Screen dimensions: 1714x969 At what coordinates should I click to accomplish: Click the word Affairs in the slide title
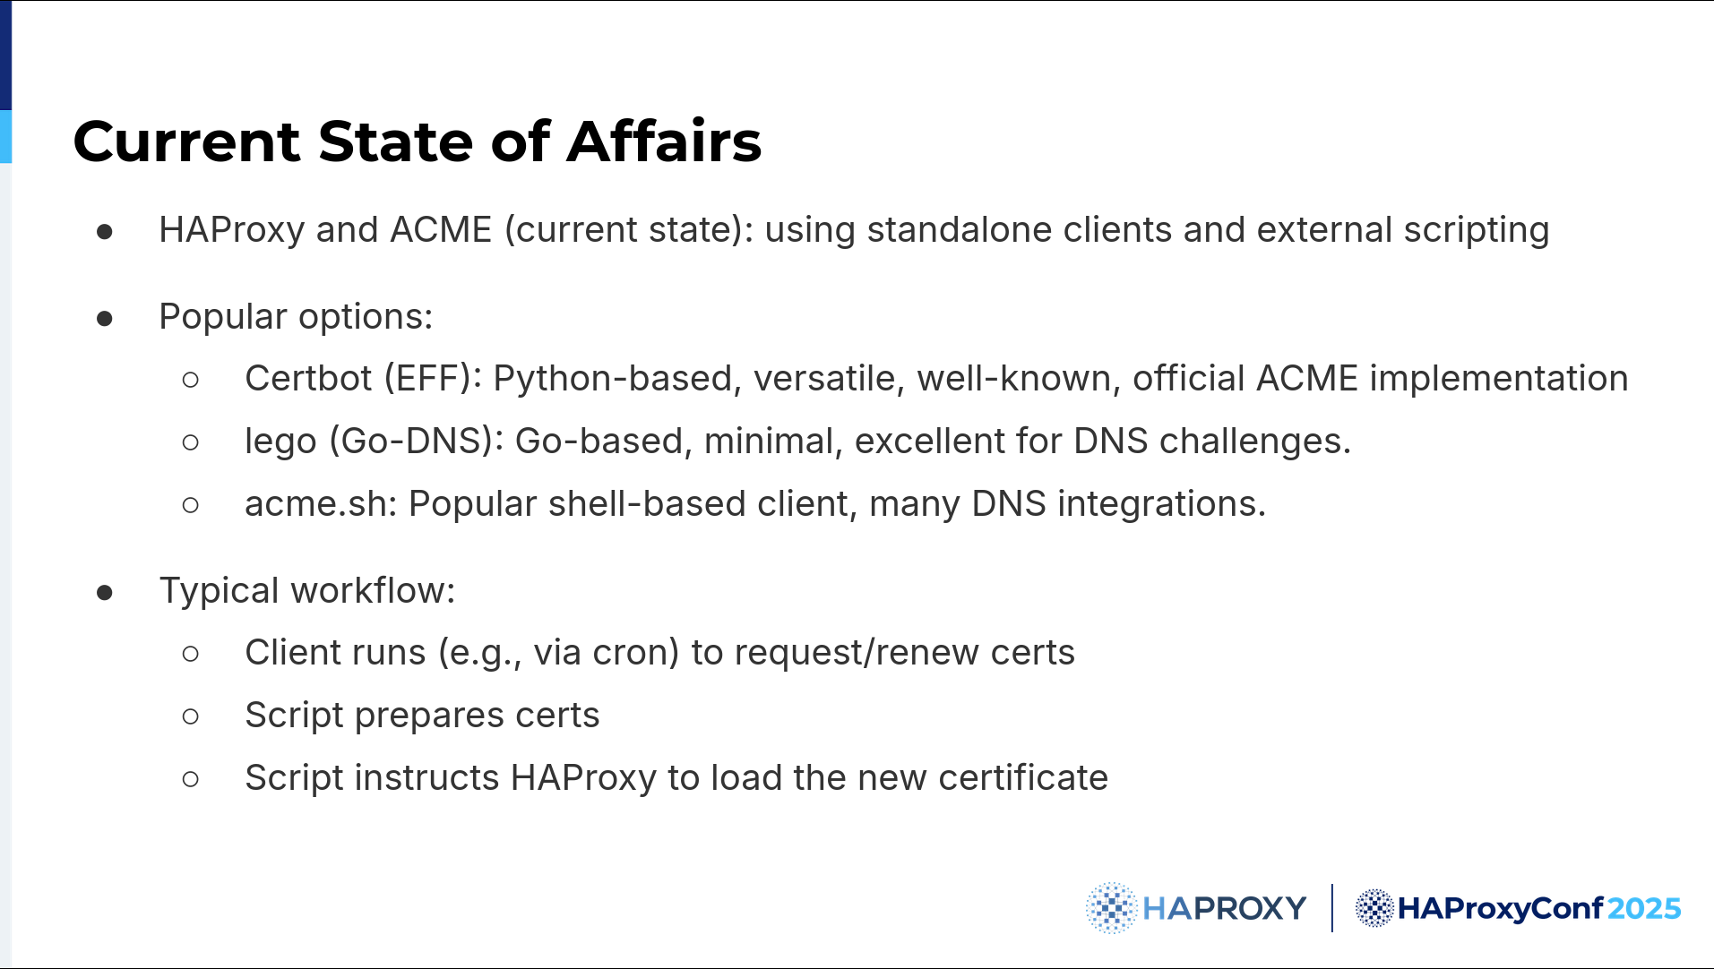[664, 141]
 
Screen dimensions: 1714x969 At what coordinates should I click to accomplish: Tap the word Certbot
[308, 378]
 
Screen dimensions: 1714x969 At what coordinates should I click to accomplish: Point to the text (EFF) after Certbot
[433, 379]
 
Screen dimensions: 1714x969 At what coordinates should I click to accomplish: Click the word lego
[280, 442]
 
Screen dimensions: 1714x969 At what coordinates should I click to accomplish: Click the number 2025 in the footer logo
[1644, 908]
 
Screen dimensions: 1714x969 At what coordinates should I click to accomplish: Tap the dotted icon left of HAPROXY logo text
[1111, 908]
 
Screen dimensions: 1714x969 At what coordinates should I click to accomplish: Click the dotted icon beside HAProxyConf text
[1374, 908]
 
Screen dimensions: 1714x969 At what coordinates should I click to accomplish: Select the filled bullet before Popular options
[105, 318]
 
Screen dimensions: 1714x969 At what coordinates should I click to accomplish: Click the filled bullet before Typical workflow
[105, 592]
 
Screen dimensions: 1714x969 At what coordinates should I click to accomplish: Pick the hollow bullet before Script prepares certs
[190, 716]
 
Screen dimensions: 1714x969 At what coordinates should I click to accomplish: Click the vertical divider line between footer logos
[1332, 908]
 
